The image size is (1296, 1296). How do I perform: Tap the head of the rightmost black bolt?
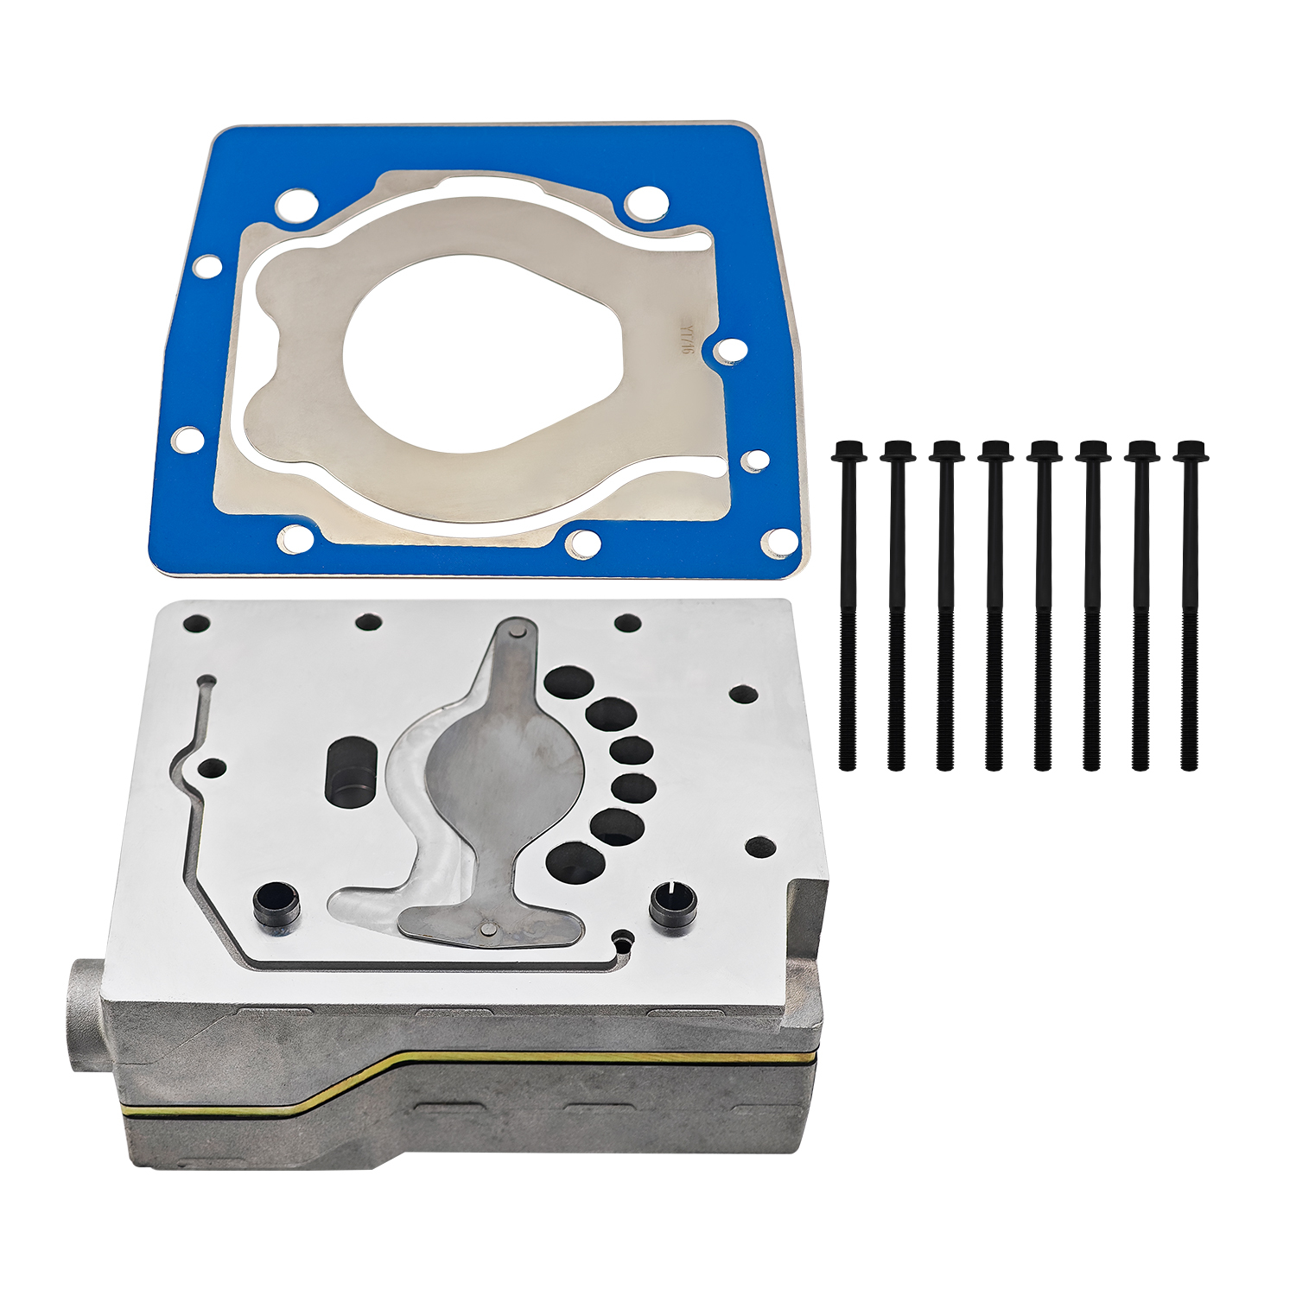(1191, 451)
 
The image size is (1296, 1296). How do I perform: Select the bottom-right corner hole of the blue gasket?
(780, 542)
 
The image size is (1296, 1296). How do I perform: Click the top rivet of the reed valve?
(517, 632)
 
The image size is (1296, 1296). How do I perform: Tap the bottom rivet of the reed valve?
(486, 930)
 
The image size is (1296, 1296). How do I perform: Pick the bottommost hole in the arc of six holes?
(571, 861)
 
